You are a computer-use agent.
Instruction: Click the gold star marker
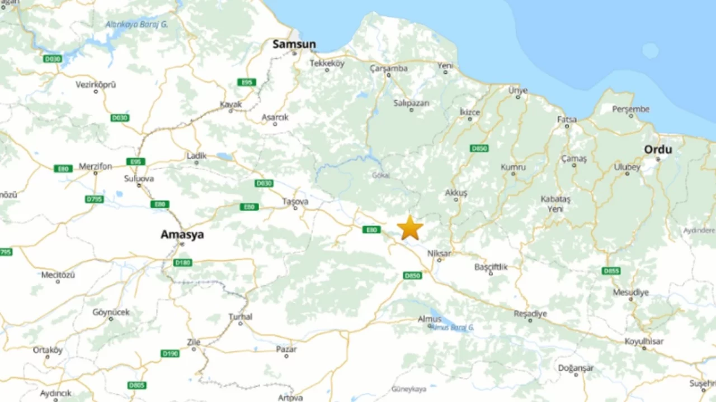[410, 228]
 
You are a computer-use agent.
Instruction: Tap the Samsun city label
[294, 44]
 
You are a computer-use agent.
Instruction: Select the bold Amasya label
[182, 234]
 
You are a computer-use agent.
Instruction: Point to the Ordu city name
[658, 150]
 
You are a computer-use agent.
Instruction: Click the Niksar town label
[439, 253]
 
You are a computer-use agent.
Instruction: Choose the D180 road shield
[183, 262]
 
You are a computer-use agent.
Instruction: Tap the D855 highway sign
[611, 271]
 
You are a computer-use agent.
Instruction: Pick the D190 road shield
[170, 353]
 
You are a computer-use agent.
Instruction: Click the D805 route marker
[136, 385]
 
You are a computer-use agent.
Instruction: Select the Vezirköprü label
[96, 85]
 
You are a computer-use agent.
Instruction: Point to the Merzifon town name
[95, 166]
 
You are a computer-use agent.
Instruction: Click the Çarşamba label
[389, 68]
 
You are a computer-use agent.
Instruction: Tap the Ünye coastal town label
[518, 90]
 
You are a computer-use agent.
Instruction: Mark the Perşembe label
[630, 109]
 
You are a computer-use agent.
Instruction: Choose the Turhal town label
[241, 317]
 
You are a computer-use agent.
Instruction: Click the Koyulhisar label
[644, 342]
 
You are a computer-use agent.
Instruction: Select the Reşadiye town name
[530, 314]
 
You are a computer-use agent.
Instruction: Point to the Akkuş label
[456, 193]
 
